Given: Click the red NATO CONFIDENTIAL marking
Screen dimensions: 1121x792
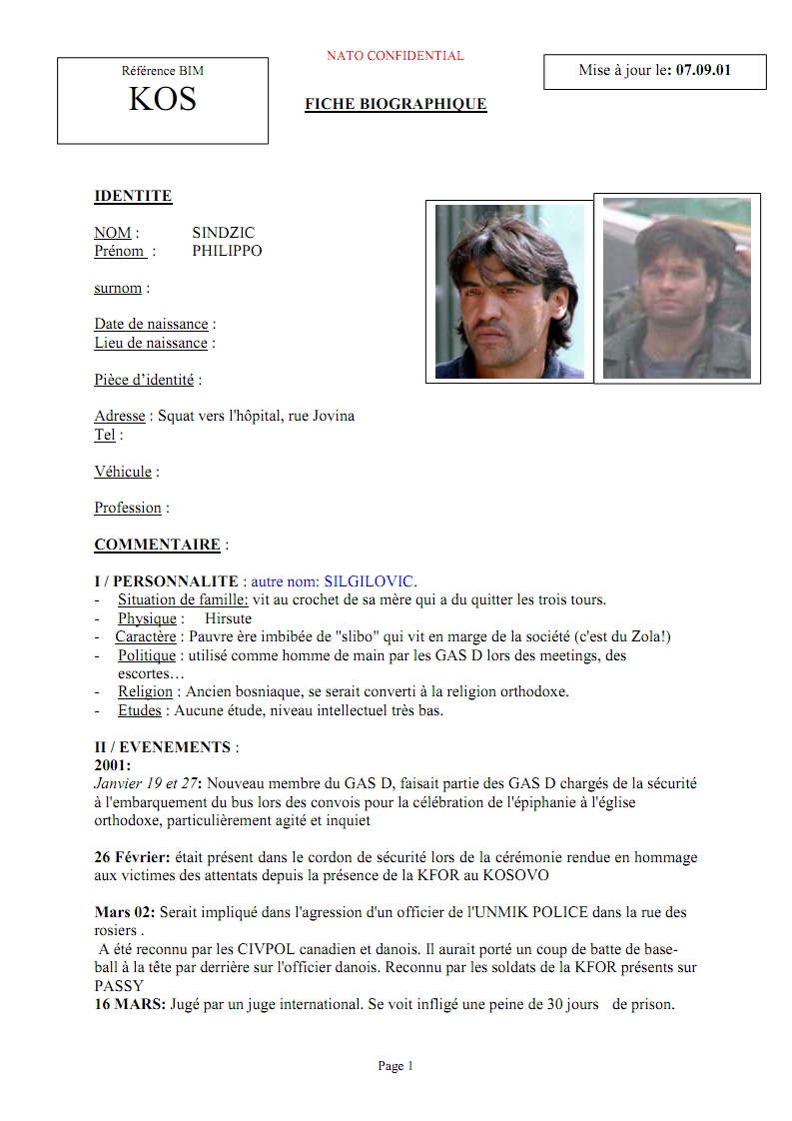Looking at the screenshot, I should click(395, 56).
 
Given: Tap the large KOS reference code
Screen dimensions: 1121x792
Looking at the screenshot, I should click(163, 99).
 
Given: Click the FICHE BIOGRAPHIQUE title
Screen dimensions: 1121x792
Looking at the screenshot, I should click(396, 104).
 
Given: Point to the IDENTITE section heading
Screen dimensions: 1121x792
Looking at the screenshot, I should click(133, 196).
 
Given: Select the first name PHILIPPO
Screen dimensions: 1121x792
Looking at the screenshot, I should click(227, 251).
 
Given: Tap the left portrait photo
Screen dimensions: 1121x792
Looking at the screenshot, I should click(509, 292).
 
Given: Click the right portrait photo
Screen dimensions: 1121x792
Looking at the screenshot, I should click(676, 289).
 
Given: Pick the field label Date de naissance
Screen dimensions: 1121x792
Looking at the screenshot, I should click(152, 324).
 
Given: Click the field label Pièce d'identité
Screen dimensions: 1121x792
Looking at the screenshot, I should click(146, 380).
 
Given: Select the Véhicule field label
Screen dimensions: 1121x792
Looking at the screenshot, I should click(123, 472).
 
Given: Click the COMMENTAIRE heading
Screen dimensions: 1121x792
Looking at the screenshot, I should click(157, 545).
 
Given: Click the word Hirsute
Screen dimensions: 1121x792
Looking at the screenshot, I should click(228, 618).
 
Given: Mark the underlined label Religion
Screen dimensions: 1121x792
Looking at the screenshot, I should click(145, 691).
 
